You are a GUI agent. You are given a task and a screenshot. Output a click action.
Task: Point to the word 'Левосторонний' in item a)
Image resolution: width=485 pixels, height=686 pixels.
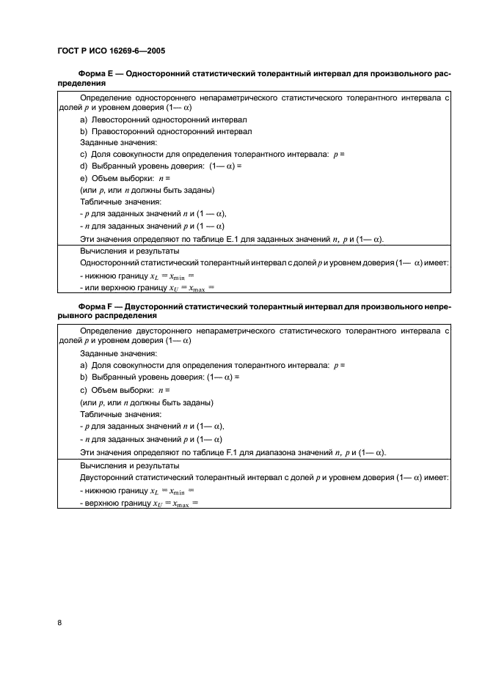[120, 119]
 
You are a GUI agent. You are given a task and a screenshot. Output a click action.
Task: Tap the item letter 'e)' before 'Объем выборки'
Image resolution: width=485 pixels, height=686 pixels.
[84, 178]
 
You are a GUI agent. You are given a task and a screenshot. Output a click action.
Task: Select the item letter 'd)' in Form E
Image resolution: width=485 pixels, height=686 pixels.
[84, 166]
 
